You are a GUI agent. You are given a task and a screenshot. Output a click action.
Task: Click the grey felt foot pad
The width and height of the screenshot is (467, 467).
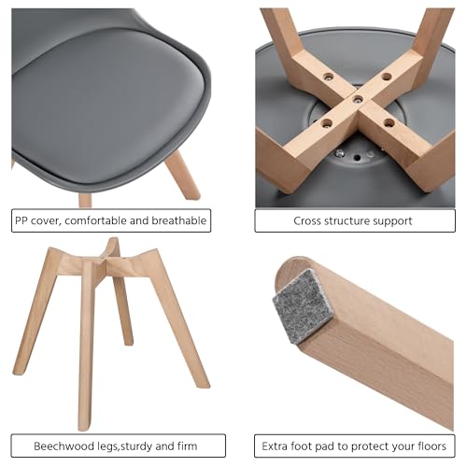click(x=302, y=306)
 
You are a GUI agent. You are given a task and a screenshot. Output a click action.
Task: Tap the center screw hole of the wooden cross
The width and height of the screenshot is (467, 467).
click(x=358, y=100)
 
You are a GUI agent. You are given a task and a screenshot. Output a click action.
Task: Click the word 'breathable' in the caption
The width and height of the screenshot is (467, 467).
click(x=179, y=220)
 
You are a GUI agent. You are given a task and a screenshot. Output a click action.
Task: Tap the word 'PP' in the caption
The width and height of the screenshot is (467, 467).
click(x=21, y=220)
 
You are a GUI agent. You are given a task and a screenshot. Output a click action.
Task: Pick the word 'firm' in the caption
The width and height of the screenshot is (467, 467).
click(x=188, y=446)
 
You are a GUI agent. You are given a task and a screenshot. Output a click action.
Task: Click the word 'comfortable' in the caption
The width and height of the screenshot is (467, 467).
click(x=96, y=220)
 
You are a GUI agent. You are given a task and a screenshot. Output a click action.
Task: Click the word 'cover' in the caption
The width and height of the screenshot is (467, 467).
click(x=47, y=221)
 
